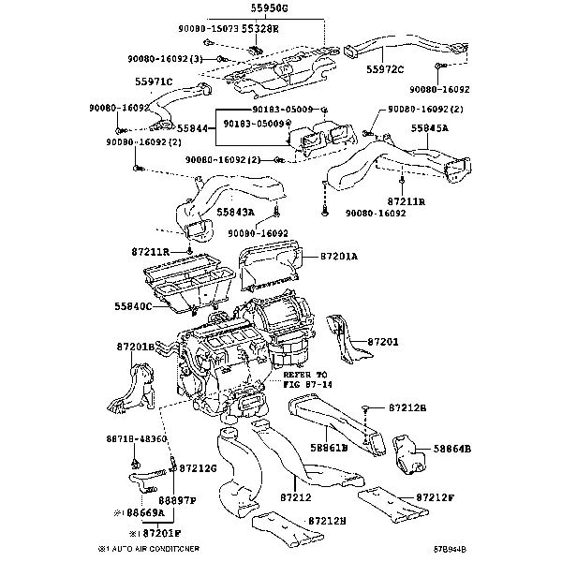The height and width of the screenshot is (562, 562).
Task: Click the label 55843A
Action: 236,214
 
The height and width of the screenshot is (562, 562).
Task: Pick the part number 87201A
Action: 340,255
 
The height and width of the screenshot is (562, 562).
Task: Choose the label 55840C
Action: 134,306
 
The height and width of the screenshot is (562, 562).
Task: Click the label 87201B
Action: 136,347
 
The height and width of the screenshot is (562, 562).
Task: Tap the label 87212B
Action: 407,409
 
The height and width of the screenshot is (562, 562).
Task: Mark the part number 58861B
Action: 330,448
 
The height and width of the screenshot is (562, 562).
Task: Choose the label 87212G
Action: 198,467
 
